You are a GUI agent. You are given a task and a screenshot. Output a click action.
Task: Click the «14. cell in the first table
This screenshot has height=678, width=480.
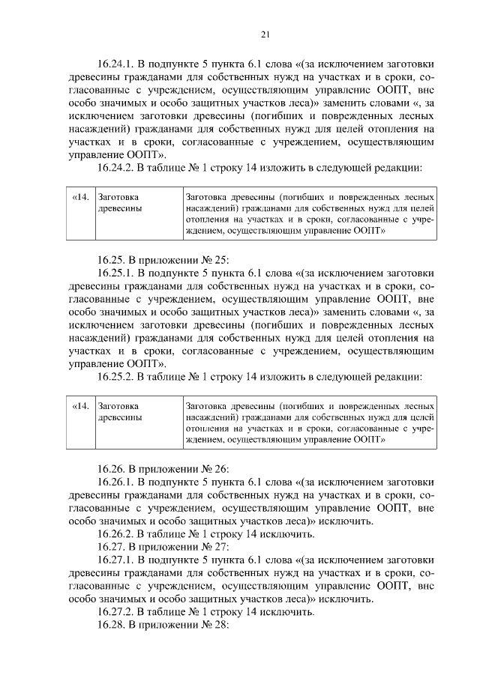pyautogui.click(x=80, y=197)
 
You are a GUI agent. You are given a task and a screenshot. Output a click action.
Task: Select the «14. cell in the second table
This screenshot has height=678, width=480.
pyautogui.click(x=80, y=406)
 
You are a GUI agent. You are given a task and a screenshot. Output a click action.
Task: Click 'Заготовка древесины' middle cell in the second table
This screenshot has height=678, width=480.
pyautogui.click(x=121, y=411)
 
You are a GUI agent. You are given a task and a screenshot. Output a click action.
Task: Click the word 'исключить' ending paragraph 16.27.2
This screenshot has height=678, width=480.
pyautogui.click(x=288, y=611)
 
